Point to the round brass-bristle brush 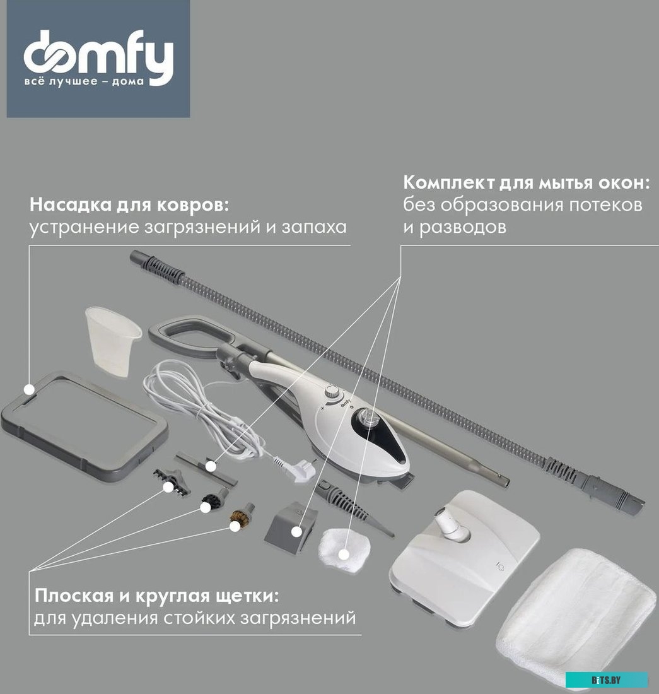(242, 517)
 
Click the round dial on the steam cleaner (332, 396)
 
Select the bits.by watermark (606, 679)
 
